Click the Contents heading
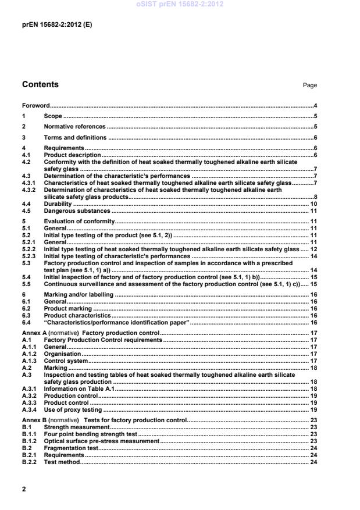click(x=40, y=85)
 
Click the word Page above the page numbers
click(x=309, y=85)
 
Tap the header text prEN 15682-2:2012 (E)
click(x=56, y=26)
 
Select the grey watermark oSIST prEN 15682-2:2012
click(x=180, y=5)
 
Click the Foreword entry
click(x=35, y=106)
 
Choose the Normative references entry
click(x=74, y=126)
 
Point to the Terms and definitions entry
click(x=75, y=138)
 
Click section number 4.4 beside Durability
click(x=26, y=205)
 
